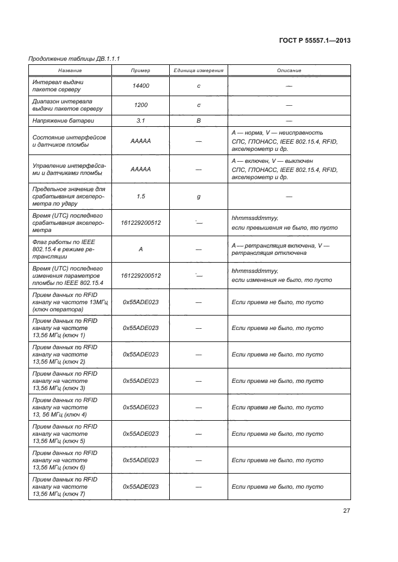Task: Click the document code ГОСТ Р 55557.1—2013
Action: click(x=315, y=41)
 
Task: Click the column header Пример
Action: click(x=141, y=70)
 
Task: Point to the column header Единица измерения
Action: click(x=199, y=70)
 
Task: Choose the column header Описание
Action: click(x=289, y=70)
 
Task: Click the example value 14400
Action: click(x=141, y=86)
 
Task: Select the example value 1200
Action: click(x=141, y=105)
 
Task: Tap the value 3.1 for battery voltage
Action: click(x=141, y=121)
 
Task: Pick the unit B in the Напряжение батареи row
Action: click(x=199, y=121)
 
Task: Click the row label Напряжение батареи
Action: click(x=60, y=121)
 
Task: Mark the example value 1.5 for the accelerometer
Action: click(x=141, y=196)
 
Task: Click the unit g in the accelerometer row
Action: click(x=199, y=196)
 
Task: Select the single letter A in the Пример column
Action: click(x=141, y=248)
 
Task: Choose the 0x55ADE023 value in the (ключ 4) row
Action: click(x=141, y=407)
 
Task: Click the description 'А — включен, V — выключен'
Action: click(x=272, y=161)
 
